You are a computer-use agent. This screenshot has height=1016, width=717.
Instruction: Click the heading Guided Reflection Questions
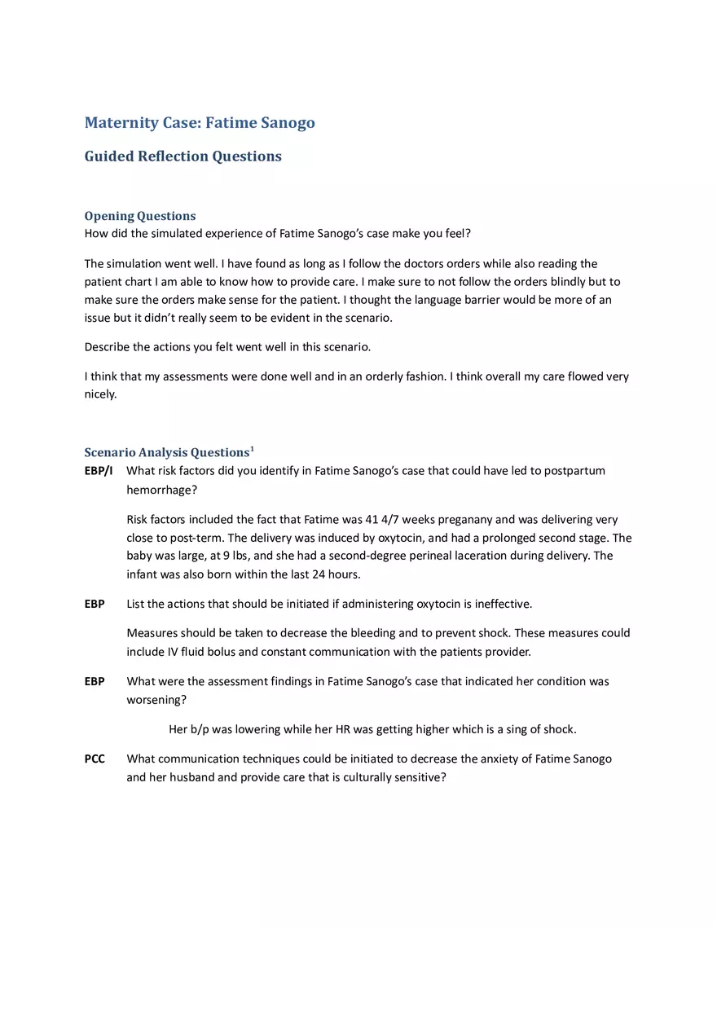183,156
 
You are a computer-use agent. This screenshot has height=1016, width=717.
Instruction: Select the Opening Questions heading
140,216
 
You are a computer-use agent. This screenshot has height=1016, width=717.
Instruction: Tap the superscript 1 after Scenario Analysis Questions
253,448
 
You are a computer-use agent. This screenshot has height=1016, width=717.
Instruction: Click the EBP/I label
99,471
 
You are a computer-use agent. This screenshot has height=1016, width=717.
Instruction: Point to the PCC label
95,759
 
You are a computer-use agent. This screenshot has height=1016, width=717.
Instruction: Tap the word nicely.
100,394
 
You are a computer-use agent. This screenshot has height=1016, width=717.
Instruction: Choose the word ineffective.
503,604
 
